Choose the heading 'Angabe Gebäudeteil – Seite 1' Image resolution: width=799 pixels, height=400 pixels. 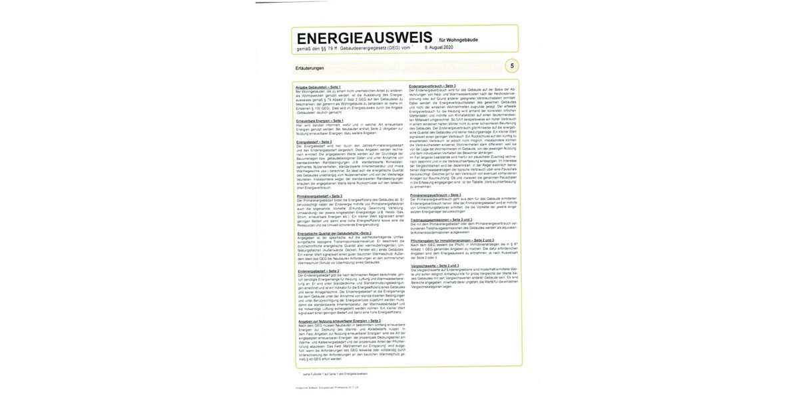(318, 87)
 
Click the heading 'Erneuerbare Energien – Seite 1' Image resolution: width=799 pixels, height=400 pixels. (320, 121)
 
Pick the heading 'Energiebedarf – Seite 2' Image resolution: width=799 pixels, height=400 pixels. (314, 142)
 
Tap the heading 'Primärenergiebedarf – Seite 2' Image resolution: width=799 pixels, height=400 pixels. (319, 195)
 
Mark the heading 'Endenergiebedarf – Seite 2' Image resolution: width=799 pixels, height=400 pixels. (318, 271)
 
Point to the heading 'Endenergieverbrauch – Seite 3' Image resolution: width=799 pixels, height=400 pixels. (432, 85)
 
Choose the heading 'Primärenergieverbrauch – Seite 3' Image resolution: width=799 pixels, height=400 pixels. (435, 195)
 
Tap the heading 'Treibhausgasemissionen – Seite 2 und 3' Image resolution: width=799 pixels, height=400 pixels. (440, 219)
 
